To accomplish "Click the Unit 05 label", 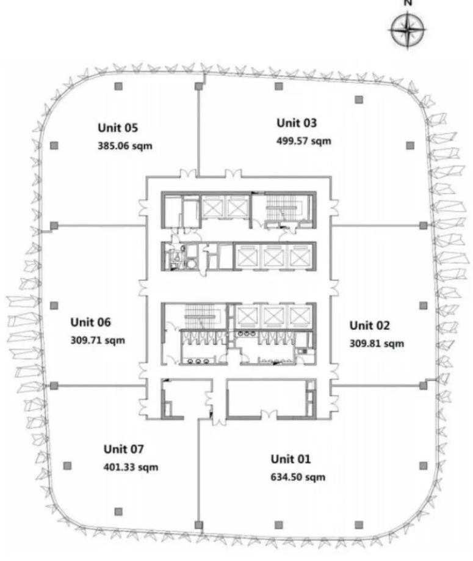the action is coord(118,128).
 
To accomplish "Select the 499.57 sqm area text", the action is coord(304,141).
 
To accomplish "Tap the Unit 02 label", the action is coord(369,325).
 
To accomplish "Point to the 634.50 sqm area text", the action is coord(298,477).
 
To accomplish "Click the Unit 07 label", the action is coord(124,449).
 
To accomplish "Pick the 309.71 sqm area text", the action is coord(98,340).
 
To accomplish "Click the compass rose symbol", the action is coord(408,29).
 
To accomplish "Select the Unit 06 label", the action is coord(91,322).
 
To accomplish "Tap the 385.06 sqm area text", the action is coord(125,145).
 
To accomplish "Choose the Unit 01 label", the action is coord(291,459).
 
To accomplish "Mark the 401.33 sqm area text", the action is coord(131,467).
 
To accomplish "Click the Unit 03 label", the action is coord(297,123).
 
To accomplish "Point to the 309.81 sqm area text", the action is coord(377,343).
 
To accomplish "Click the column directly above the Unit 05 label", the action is coord(118,86).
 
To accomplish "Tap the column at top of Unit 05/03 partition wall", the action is coord(198,86).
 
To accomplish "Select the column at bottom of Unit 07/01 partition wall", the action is coord(198,525).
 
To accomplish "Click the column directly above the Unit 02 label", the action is coord(423,305).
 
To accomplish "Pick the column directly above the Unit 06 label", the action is coord(54,305).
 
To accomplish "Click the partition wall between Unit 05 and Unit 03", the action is coord(198,133).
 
